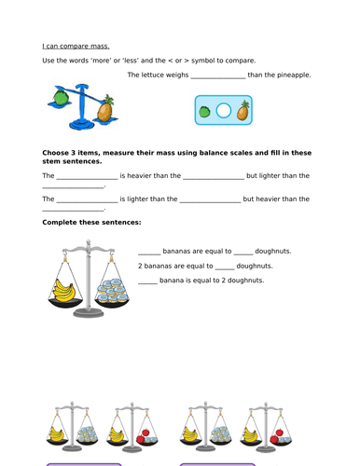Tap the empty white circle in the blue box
(x=223, y=112)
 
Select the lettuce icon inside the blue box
(x=205, y=112)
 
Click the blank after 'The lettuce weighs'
(x=217, y=76)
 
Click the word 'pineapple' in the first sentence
(x=291, y=75)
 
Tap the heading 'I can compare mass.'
(x=76, y=45)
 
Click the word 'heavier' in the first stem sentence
(x=145, y=175)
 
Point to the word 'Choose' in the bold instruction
(x=57, y=152)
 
